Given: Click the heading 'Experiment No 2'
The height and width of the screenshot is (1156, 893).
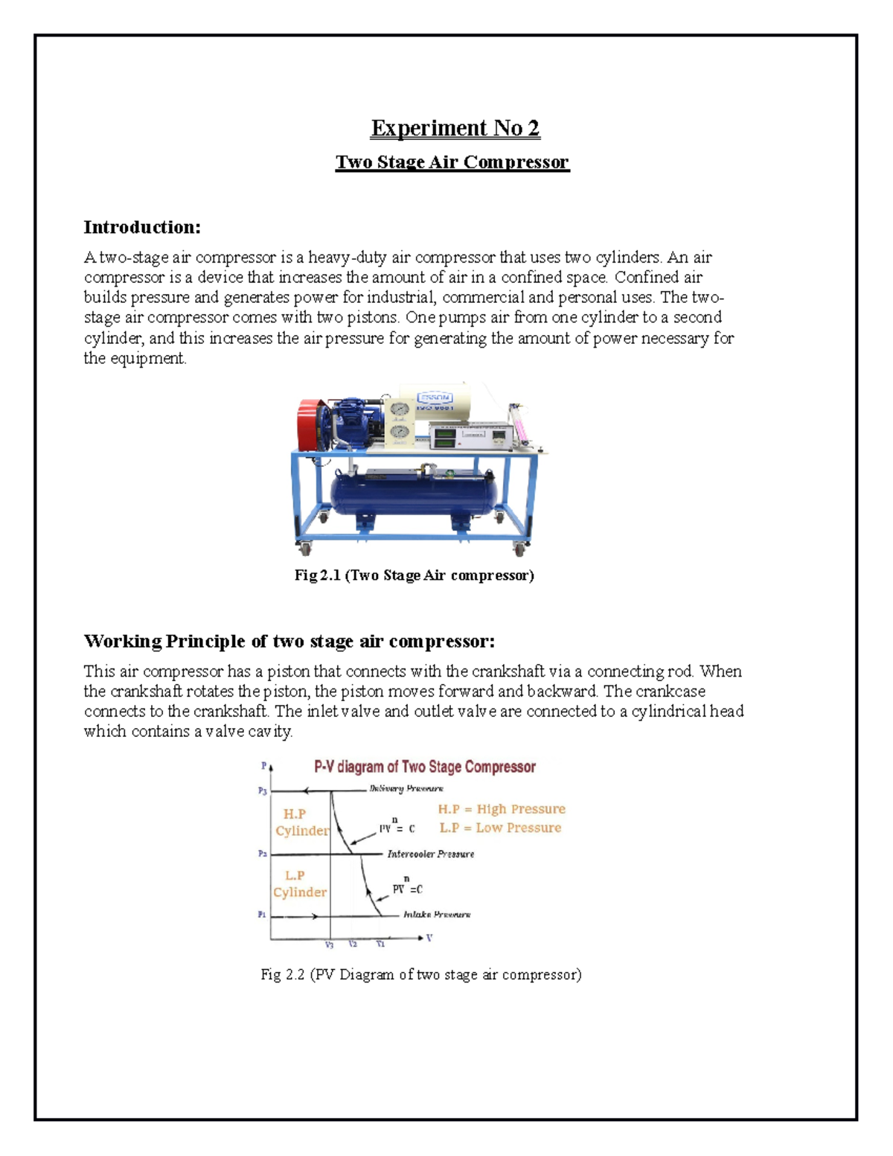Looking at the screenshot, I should point(455,128).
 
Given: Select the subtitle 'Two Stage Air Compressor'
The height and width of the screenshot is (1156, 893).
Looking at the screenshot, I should point(452,162).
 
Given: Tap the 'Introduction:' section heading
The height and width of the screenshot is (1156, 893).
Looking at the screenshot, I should point(142,227).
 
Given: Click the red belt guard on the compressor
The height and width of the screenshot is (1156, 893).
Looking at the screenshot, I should point(309,424).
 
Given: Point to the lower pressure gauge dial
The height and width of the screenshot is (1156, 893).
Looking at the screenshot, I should point(400,432).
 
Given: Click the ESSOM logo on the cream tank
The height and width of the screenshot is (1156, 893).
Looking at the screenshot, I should point(435,397).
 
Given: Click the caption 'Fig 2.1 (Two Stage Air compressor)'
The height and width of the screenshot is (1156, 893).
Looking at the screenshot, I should point(415,575).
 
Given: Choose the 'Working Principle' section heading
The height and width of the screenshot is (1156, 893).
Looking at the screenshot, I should point(289,641).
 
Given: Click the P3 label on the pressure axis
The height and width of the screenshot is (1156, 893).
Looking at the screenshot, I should point(262,791).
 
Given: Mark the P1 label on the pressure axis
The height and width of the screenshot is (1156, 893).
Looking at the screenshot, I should point(262,914).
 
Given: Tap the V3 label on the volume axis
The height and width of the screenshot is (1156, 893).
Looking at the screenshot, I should point(329,945).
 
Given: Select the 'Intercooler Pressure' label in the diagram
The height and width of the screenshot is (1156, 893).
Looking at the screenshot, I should point(430,854).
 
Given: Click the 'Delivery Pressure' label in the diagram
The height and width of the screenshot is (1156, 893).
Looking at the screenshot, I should point(406,788).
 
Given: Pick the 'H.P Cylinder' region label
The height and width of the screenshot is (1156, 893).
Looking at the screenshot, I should point(301,823).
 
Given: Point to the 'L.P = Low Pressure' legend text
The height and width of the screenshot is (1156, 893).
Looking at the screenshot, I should point(500,828).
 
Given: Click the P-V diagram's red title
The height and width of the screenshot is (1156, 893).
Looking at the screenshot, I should point(425,767).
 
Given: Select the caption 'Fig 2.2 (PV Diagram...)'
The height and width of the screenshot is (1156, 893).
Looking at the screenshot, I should point(421,974).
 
